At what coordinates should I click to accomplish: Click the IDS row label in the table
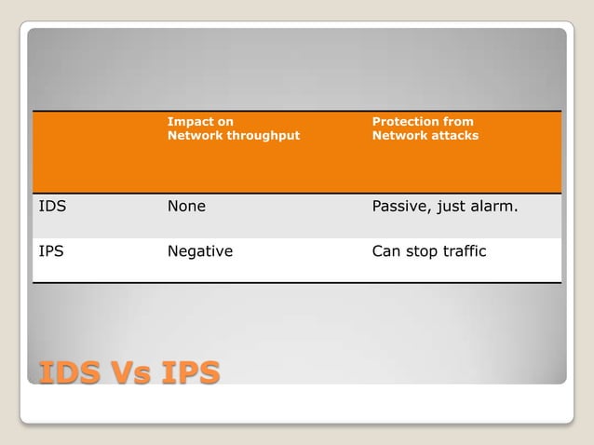52,207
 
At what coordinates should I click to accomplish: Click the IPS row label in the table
51,250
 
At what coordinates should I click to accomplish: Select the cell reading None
186,207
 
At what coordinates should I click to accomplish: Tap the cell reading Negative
199,250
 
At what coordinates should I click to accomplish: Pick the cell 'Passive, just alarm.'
444,207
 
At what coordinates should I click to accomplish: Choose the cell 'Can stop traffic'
428,250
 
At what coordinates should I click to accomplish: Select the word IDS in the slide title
69,372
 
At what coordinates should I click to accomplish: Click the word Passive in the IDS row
399,207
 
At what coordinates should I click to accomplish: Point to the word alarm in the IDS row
494,207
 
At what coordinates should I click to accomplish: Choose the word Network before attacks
397,135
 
